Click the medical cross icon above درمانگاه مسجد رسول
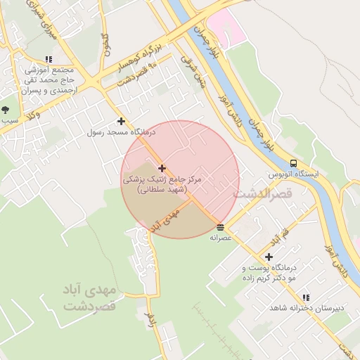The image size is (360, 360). coord(121,121)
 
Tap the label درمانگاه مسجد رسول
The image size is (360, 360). coord(121,131)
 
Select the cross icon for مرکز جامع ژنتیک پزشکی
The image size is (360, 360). coord(162,168)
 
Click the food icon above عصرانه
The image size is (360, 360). coord(221,227)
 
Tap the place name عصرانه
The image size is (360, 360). coord(221,238)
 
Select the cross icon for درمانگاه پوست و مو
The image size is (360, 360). coord(269,257)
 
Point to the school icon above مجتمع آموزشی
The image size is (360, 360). coord(48,60)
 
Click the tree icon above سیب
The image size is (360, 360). coord(6,109)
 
